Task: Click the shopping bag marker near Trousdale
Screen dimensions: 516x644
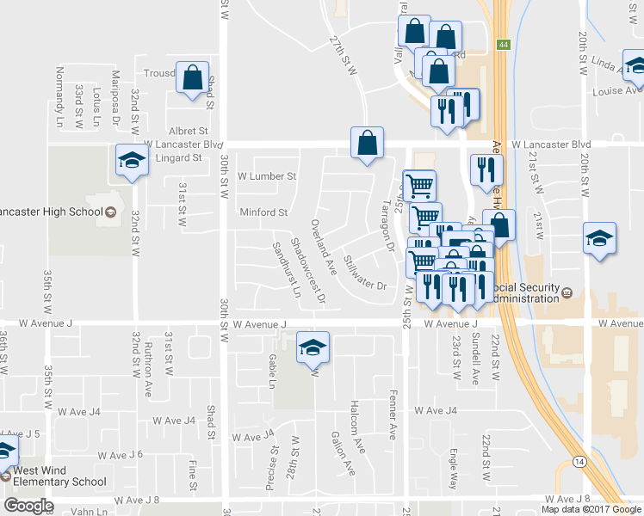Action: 192,78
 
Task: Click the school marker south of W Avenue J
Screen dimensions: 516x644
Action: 313,348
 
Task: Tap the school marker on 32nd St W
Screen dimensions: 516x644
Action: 131,161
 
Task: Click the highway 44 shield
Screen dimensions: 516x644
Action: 501,44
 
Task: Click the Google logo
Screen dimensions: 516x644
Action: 28,506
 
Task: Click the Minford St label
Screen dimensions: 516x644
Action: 263,212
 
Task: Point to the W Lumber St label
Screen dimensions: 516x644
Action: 267,176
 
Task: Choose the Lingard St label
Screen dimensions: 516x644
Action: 178,157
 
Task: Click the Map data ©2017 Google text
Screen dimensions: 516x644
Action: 591,509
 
